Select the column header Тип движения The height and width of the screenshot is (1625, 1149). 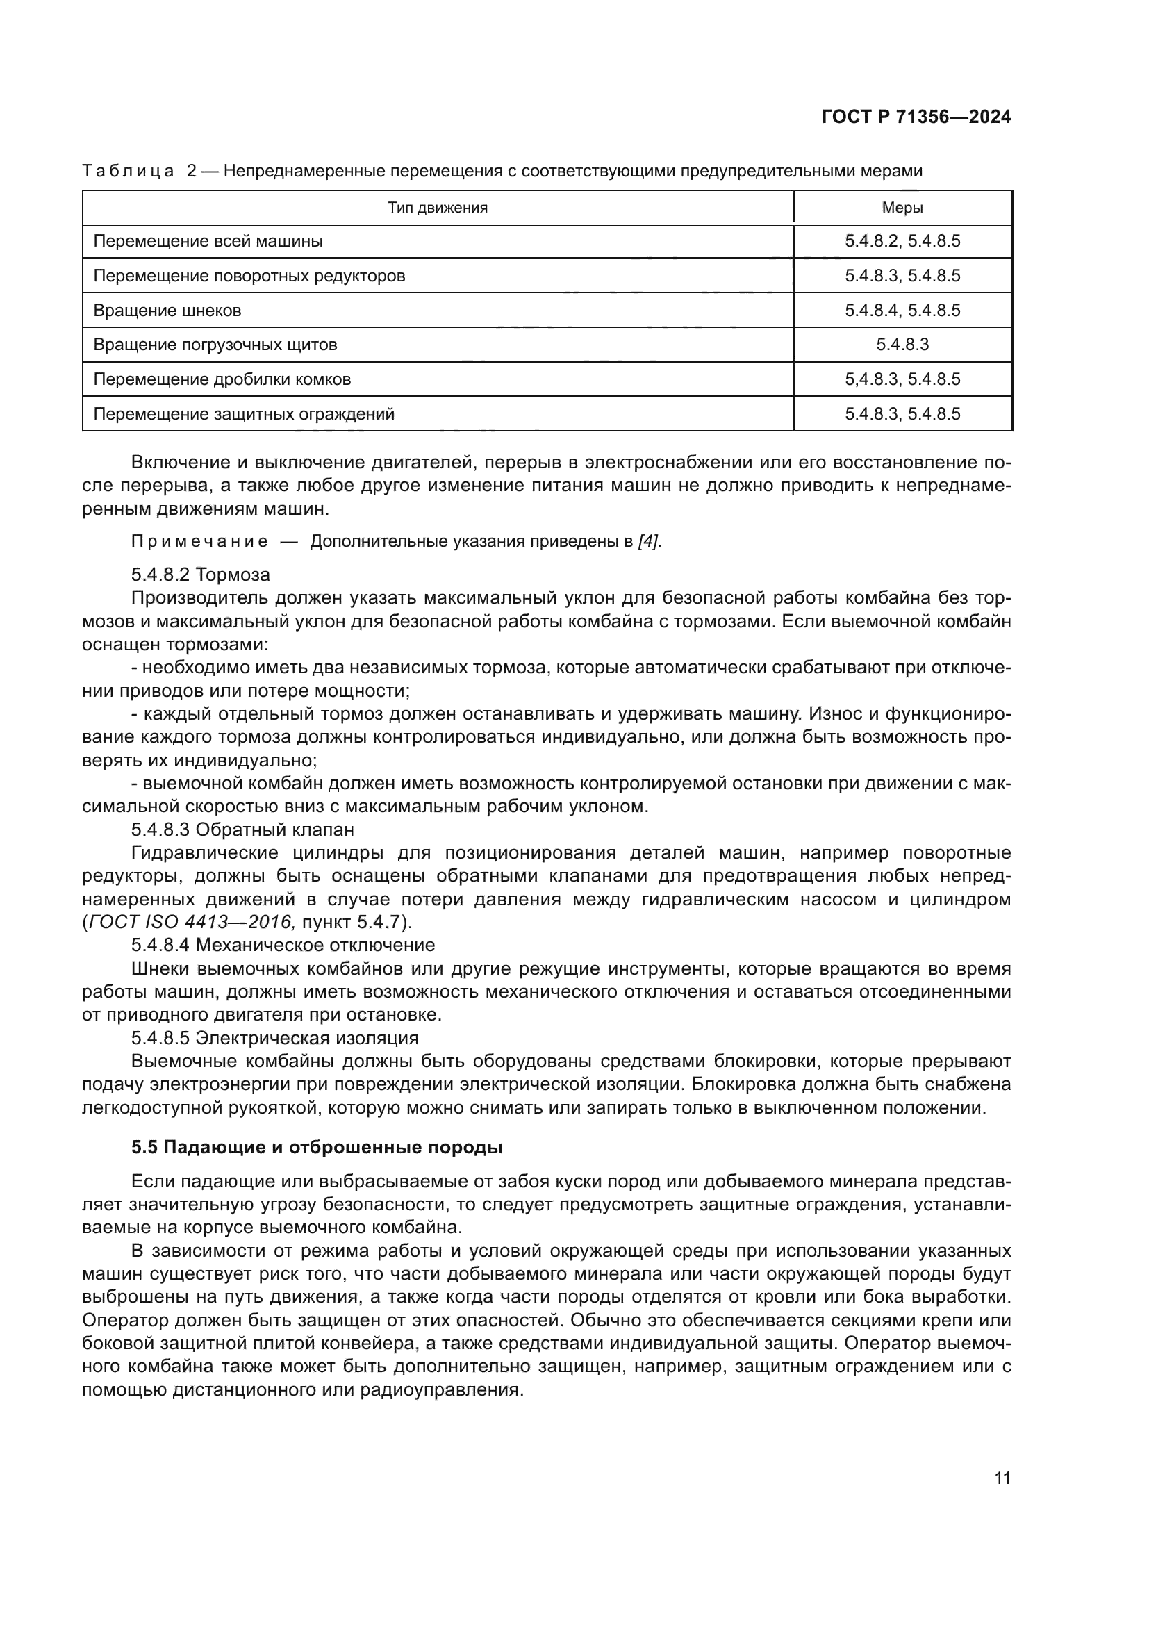tap(437, 207)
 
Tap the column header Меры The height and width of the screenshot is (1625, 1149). tap(902, 207)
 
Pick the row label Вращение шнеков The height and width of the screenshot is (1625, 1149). tap(167, 311)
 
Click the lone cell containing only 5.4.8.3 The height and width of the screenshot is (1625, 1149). tap(902, 345)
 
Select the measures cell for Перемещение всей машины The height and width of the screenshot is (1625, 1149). tap(902, 241)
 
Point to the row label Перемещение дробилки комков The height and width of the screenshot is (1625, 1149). tap(222, 379)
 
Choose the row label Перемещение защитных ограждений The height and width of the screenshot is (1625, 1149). tap(243, 414)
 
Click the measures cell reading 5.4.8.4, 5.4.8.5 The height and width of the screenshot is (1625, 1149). tap(902, 311)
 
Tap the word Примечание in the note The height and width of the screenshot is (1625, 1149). tap(199, 542)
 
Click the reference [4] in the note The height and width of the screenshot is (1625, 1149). tap(649, 542)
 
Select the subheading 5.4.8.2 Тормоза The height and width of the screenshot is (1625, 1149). tap(201, 574)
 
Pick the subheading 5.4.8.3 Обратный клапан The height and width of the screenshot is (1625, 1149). tap(242, 829)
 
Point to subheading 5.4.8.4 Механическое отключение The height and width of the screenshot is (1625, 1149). tap(283, 945)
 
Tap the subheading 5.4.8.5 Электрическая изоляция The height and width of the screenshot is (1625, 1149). tap(274, 1038)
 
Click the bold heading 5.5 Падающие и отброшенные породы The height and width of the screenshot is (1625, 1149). tap(316, 1147)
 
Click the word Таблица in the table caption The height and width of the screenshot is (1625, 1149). tap(128, 172)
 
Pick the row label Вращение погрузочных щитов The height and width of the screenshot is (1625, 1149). tap(215, 345)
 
